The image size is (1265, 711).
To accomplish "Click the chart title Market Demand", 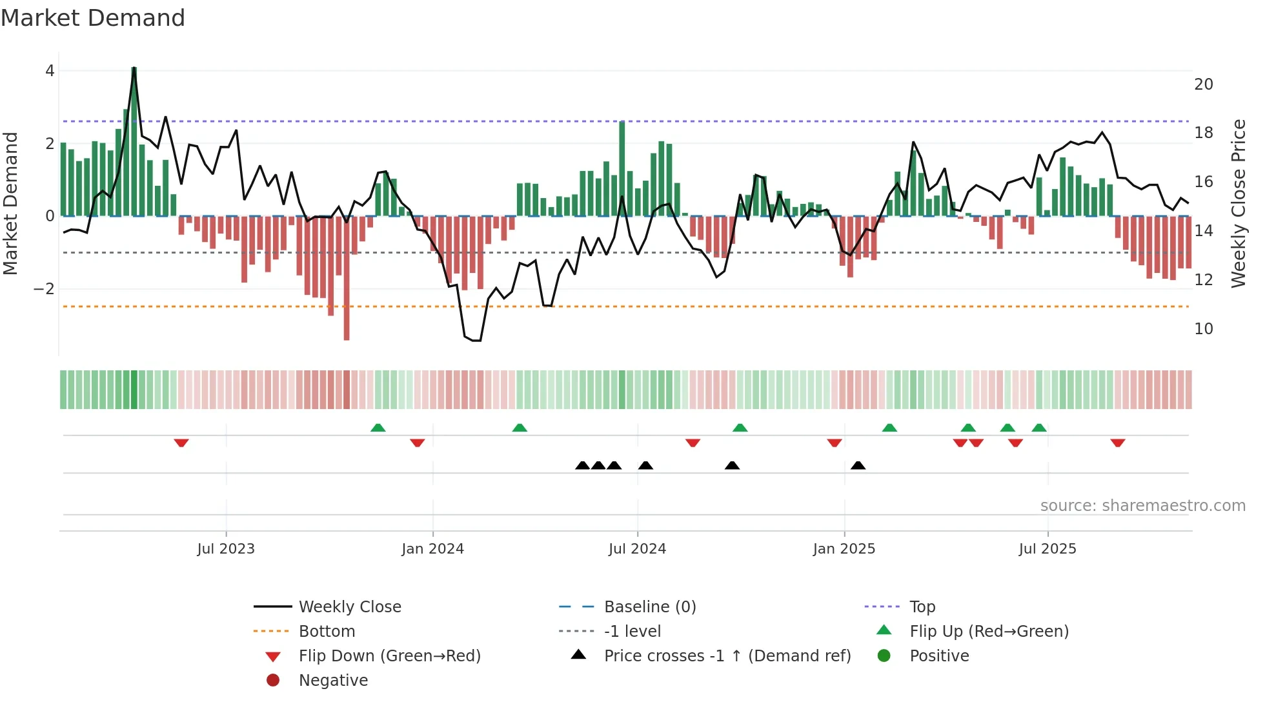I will pos(93,18).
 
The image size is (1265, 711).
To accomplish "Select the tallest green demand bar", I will pos(134,142).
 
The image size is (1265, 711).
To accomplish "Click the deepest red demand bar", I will pos(347,277).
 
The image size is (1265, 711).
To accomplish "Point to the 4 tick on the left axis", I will pos(50,71).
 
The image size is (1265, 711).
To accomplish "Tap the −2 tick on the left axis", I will pos(44,288).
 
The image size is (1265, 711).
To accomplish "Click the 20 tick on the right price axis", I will pos(1203,85).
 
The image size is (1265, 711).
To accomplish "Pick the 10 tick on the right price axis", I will pos(1203,329).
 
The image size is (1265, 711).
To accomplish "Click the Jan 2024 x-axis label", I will pos(432,549).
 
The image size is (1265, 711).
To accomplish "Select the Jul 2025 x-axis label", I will pos(1047,549).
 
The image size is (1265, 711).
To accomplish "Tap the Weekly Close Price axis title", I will pos(1238,203).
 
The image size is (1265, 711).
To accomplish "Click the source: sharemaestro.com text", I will pos(1142,506).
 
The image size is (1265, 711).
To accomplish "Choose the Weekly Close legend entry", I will pos(349,607).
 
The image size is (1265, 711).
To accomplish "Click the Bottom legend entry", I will pos(327,632).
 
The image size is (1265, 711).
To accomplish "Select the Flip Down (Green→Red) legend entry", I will pos(389,656).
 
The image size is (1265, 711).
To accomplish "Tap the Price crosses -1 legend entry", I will pos(727,656).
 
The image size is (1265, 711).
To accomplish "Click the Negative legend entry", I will pos(333,681).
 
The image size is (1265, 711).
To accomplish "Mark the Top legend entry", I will pos(922,607).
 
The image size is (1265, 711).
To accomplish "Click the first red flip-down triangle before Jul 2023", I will pos(181,443).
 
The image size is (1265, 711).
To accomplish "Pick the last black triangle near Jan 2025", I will pos(858,465).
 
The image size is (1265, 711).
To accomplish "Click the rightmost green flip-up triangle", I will pos(1038,428).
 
